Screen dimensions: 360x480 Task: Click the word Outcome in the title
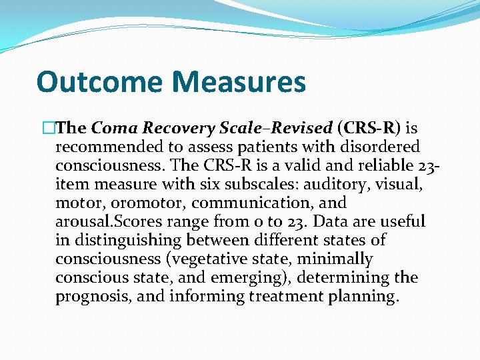point(99,82)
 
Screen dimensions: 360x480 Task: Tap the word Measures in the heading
point(239,82)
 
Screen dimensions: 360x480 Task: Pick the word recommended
point(108,147)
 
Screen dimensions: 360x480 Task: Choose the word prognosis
point(91,296)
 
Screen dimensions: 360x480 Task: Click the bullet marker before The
point(47,128)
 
